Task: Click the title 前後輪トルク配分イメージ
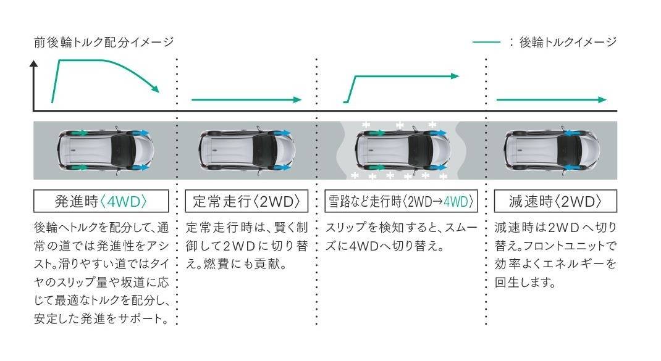pyautogui.click(x=104, y=42)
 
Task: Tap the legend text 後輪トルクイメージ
pyautogui.click(x=568, y=42)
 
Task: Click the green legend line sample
pyautogui.click(x=486, y=42)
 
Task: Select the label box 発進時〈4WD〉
pyautogui.click(x=101, y=201)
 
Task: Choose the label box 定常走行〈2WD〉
pyautogui.click(x=246, y=201)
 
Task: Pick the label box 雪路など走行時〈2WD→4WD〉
pyautogui.click(x=401, y=201)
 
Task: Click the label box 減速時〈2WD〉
pyautogui.click(x=555, y=201)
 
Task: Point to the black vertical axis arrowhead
pyautogui.click(x=34, y=64)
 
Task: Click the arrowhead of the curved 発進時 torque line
pyautogui.click(x=155, y=88)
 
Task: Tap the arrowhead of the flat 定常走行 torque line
pyautogui.click(x=298, y=100)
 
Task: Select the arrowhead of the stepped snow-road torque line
pyautogui.click(x=455, y=77)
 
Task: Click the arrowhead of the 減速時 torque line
pyautogui.click(x=602, y=100)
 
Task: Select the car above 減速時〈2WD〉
pyautogui.click(x=552, y=150)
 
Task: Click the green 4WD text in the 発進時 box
pyautogui.click(x=124, y=202)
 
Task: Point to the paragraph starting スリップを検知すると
pyautogui.click(x=401, y=237)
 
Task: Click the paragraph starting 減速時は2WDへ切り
pyautogui.click(x=555, y=255)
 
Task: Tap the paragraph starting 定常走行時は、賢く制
pyautogui.click(x=246, y=246)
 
